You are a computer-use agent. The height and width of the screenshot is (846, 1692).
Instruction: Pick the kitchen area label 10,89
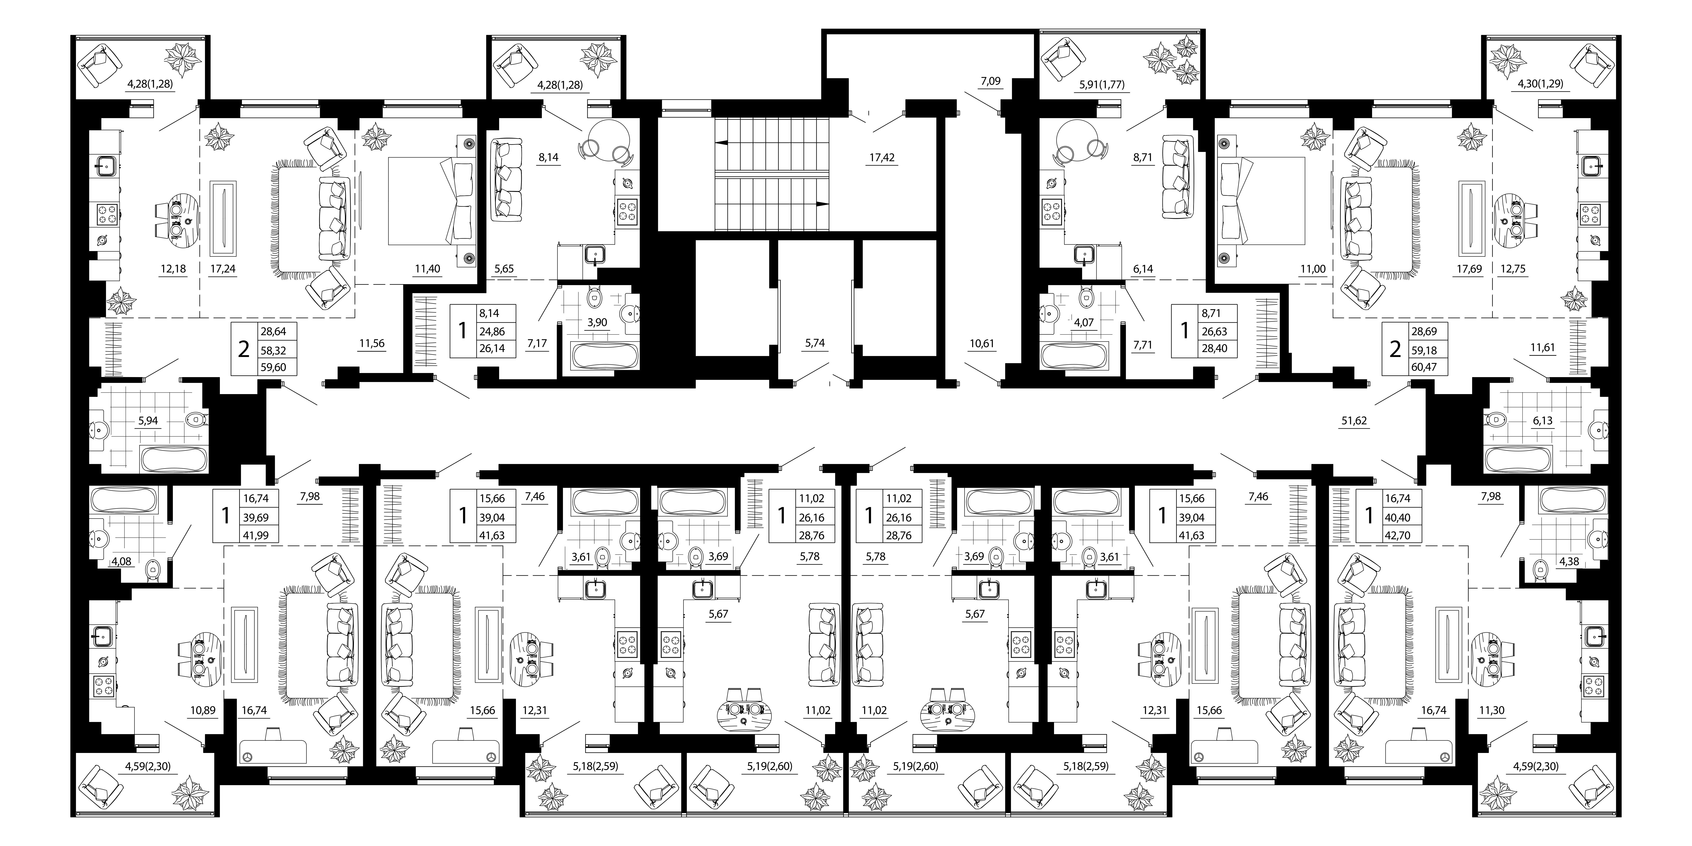click(x=203, y=710)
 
